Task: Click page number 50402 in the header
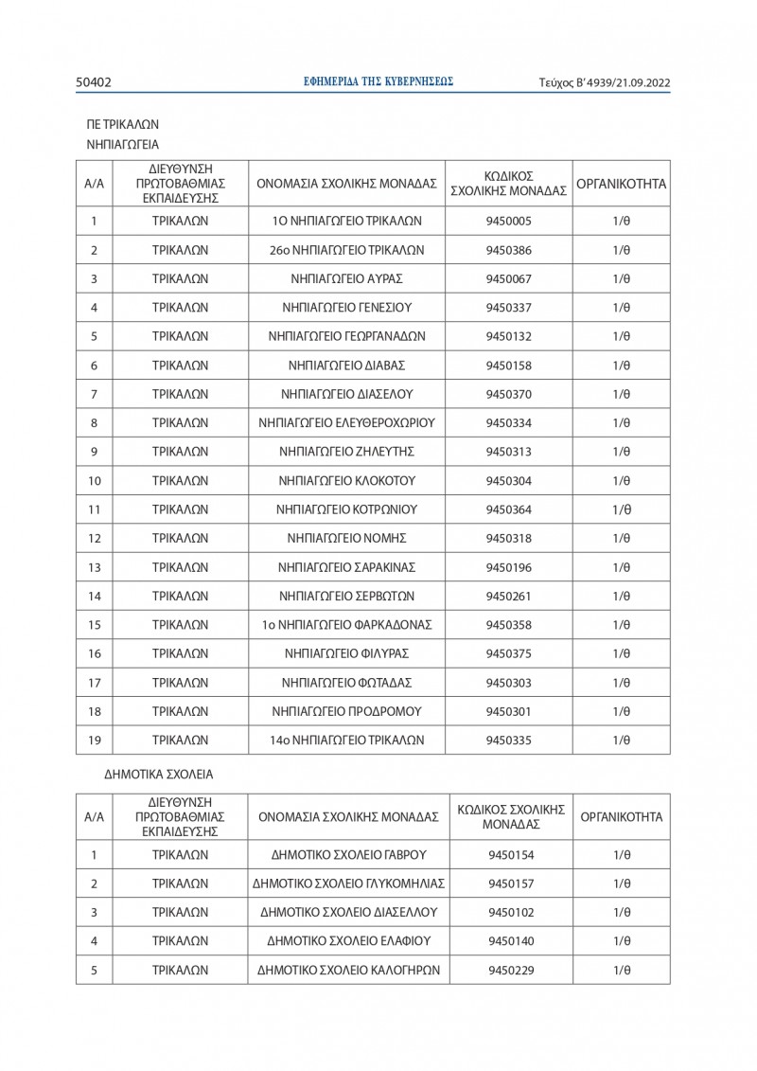[94, 82]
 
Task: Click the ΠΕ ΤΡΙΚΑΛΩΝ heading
[123, 124]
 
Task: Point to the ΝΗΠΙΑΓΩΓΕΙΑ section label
[123, 145]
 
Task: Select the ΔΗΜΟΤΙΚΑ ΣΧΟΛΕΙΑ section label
[159, 774]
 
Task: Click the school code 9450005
[508, 221]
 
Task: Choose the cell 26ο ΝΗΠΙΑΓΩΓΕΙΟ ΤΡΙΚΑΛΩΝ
[346, 250]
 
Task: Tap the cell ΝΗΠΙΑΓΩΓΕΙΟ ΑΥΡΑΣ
[346, 278]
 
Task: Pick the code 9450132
[508, 336]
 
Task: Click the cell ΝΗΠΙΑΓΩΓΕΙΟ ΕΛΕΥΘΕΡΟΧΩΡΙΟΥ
[346, 422]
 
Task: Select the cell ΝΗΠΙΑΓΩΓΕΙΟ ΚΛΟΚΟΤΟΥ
[346, 480]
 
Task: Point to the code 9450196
[508, 567]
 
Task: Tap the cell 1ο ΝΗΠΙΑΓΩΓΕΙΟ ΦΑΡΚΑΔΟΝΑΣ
[346, 625]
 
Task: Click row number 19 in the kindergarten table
[94, 740]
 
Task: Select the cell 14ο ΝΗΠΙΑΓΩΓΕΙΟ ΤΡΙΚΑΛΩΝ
[346, 740]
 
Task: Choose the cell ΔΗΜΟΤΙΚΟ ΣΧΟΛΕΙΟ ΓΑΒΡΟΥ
[348, 855]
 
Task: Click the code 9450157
[511, 884]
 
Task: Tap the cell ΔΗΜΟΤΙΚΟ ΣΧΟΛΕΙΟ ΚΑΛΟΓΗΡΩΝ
[348, 971]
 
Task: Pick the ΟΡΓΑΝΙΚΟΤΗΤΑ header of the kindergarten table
[621, 184]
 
